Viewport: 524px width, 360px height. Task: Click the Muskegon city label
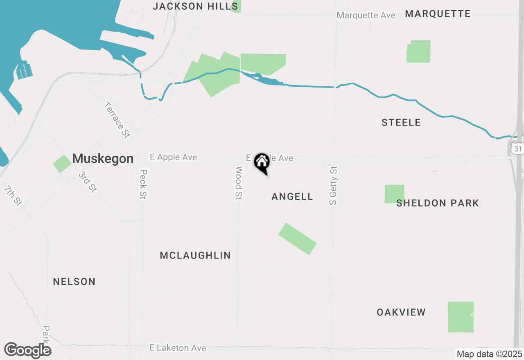pyautogui.click(x=103, y=159)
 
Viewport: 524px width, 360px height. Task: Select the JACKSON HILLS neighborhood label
pyautogui.click(x=195, y=6)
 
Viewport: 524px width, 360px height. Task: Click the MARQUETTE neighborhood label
pyautogui.click(x=438, y=14)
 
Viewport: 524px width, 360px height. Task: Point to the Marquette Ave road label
pyautogui.click(x=366, y=16)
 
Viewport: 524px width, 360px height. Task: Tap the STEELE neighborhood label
pyautogui.click(x=401, y=122)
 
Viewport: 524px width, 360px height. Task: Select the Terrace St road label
pyautogui.click(x=117, y=120)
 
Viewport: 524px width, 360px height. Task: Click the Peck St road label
pyautogui.click(x=143, y=184)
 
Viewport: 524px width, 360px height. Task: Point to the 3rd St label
pyautogui.click(x=88, y=182)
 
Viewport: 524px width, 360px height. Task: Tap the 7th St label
pyautogui.click(x=12, y=196)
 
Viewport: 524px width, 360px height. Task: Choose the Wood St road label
pyautogui.click(x=239, y=183)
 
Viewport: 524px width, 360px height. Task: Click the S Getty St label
pyautogui.click(x=334, y=185)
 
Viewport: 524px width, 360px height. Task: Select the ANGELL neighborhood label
pyautogui.click(x=292, y=197)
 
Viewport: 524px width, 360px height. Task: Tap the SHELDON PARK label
pyautogui.click(x=438, y=203)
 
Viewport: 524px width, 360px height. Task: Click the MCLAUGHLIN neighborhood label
pyautogui.click(x=195, y=256)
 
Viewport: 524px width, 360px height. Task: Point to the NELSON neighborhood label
pyautogui.click(x=74, y=281)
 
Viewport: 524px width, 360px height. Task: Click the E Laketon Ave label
pyautogui.click(x=178, y=348)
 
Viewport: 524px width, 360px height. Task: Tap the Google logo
pyautogui.click(x=28, y=350)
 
